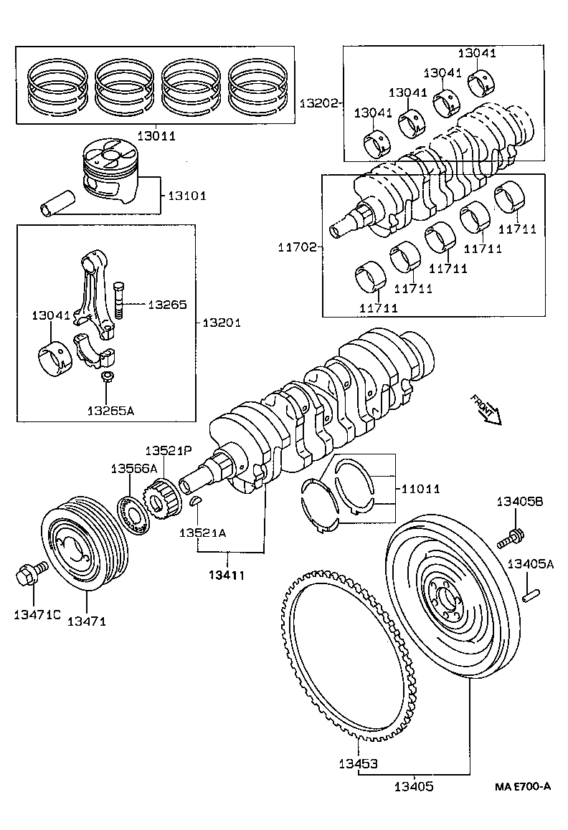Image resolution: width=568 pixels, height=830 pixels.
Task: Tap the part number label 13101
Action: click(187, 196)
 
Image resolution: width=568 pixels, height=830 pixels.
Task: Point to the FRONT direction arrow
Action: click(486, 409)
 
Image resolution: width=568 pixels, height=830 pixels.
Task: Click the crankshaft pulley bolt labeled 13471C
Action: click(29, 573)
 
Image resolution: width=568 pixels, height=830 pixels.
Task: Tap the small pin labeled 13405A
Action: click(531, 594)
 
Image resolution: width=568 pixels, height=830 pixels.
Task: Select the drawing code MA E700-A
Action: click(522, 786)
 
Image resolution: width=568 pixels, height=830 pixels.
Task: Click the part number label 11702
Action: click(298, 247)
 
